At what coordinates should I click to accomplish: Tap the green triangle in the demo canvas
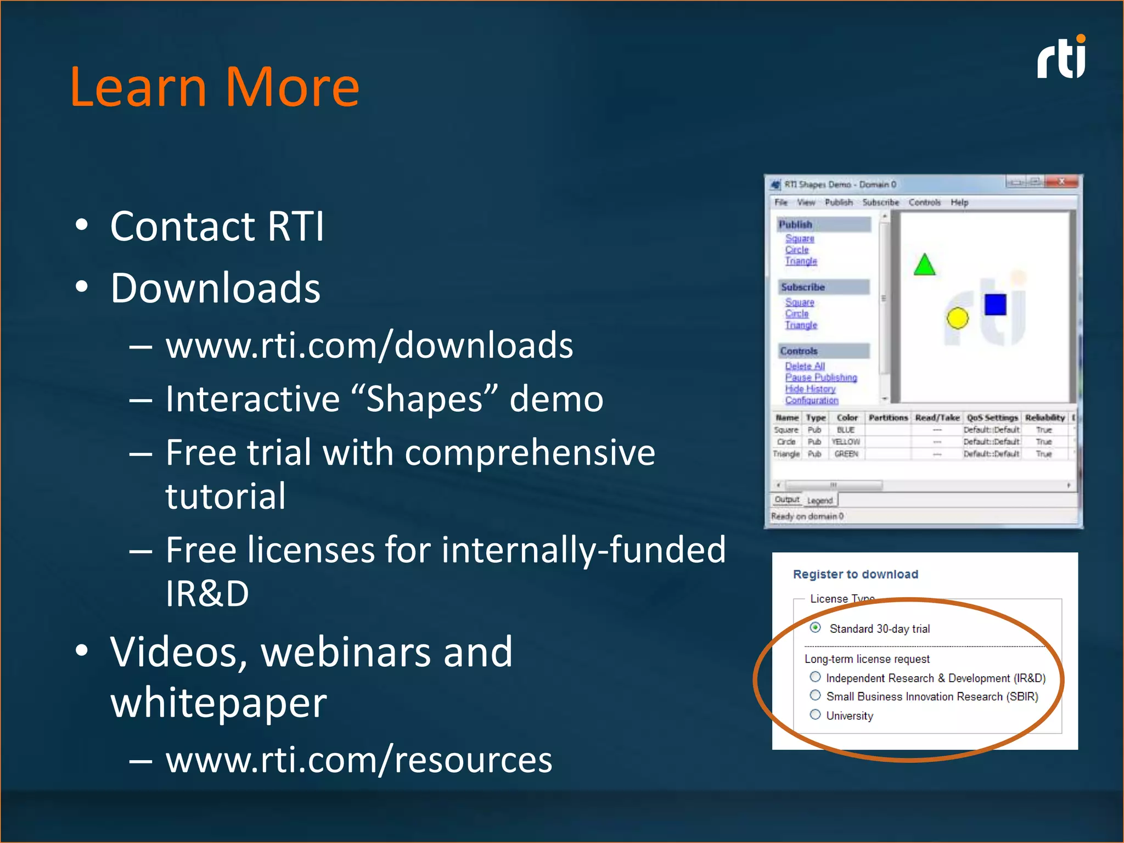(x=924, y=266)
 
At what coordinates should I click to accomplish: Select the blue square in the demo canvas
(x=995, y=305)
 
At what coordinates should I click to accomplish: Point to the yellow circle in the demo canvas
(x=957, y=318)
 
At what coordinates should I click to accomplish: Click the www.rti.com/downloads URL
(x=369, y=346)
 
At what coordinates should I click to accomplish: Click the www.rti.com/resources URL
(x=358, y=760)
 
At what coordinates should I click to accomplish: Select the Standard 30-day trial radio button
(x=816, y=627)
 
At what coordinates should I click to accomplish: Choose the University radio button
(x=816, y=715)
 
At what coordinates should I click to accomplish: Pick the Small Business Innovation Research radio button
(x=816, y=695)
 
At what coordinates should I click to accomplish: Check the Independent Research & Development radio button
(x=816, y=677)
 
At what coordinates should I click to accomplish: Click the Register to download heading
(x=855, y=574)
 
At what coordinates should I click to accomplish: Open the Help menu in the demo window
(x=959, y=203)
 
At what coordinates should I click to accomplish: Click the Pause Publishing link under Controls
(x=820, y=378)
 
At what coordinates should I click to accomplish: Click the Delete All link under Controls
(x=805, y=366)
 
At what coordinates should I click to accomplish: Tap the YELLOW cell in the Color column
(x=846, y=442)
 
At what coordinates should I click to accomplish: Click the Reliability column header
(x=1044, y=418)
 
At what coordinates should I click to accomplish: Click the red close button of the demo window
(x=1061, y=182)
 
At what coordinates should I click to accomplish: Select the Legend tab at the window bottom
(x=820, y=501)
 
